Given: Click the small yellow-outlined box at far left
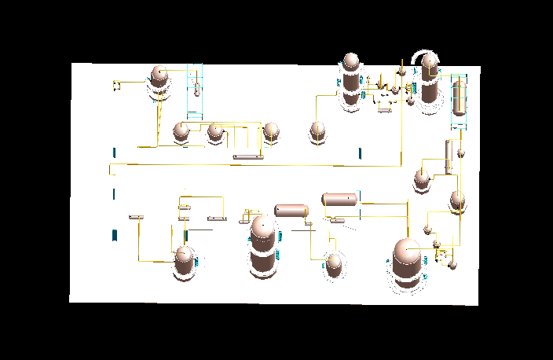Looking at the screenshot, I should [x=115, y=83].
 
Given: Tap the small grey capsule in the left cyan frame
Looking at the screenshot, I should [x=196, y=88].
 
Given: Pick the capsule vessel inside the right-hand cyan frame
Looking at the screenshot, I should [x=460, y=97].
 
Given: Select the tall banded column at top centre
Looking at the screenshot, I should [x=350, y=79].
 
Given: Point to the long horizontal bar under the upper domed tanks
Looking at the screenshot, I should [x=247, y=157].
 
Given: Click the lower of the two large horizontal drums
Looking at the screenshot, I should [x=291, y=211].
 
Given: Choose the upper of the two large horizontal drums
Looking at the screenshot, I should [x=339, y=199].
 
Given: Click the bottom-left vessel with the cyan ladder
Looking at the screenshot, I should [x=184, y=261].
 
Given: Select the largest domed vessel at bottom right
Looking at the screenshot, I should [x=407, y=262].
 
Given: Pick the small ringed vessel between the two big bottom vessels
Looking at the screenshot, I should [x=335, y=263].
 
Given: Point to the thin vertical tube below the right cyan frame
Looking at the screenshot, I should [x=447, y=156].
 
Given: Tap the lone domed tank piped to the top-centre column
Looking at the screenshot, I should [x=317, y=130].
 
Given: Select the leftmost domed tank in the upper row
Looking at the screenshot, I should [x=181, y=131].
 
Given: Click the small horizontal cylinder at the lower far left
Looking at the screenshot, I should [x=135, y=216].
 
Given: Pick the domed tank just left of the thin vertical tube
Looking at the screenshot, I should [x=423, y=179].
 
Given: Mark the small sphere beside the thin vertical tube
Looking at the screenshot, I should [x=461, y=150].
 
